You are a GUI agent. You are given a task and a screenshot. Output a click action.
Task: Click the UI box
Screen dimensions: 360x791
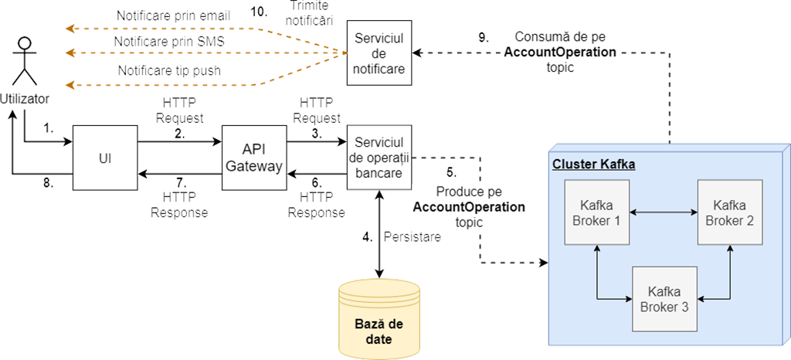[x=104, y=157]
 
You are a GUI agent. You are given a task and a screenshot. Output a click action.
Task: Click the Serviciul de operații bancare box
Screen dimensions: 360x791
[x=379, y=157]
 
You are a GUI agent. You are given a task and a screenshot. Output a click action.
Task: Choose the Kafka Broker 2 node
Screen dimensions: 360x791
[x=729, y=212]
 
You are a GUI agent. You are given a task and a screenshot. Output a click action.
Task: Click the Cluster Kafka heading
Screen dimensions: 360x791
[x=582, y=165]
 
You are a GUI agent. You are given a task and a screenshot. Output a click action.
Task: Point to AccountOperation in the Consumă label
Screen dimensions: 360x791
[x=560, y=53]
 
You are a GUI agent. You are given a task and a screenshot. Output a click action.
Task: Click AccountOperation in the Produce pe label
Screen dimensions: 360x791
[x=469, y=207]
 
